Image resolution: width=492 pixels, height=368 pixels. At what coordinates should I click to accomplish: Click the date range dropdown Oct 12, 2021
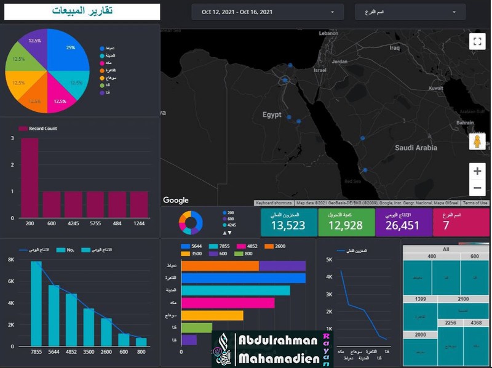(x=267, y=12)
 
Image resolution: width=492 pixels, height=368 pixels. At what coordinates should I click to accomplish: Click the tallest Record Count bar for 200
(x=30, y=178)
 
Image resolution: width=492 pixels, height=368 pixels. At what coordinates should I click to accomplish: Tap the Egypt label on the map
(x=272, y=115)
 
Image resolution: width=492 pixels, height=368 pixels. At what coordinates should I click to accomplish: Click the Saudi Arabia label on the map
(x=416, y=148)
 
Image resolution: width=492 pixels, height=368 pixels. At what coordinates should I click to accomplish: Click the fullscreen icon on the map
(x=477, y=41)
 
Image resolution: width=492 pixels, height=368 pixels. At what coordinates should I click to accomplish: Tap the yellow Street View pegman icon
(x=477, y=142)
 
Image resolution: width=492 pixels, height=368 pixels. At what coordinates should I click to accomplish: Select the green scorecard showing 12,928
(x=346, y=223)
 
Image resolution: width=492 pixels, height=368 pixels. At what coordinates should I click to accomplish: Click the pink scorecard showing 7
(x=461, y=223)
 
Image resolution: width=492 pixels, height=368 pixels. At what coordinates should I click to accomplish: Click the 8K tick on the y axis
(x=10, y=260)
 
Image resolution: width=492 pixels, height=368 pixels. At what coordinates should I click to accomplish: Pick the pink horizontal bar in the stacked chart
(x=228, y=303)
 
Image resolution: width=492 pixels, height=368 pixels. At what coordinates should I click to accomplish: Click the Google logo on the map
(x=176, y=200)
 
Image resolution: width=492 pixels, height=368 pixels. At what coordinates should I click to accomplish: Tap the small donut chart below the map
(x=191, y=223)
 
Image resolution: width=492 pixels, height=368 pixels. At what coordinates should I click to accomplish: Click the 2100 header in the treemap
(x=462, y=299)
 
